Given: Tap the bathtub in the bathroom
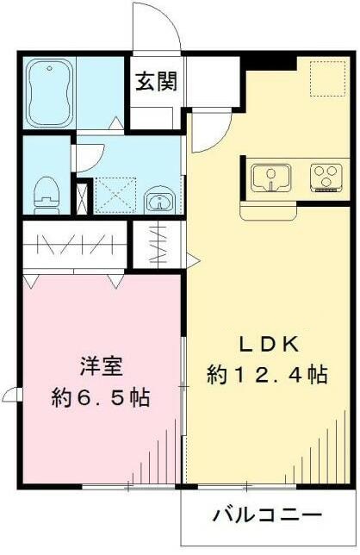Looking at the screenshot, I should click(x=48, y=92).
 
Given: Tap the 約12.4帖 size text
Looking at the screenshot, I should click(x=267, y=375).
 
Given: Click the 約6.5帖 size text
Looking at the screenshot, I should click(x=101, y=397).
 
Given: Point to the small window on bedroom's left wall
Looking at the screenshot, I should click(x=11, y=396).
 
